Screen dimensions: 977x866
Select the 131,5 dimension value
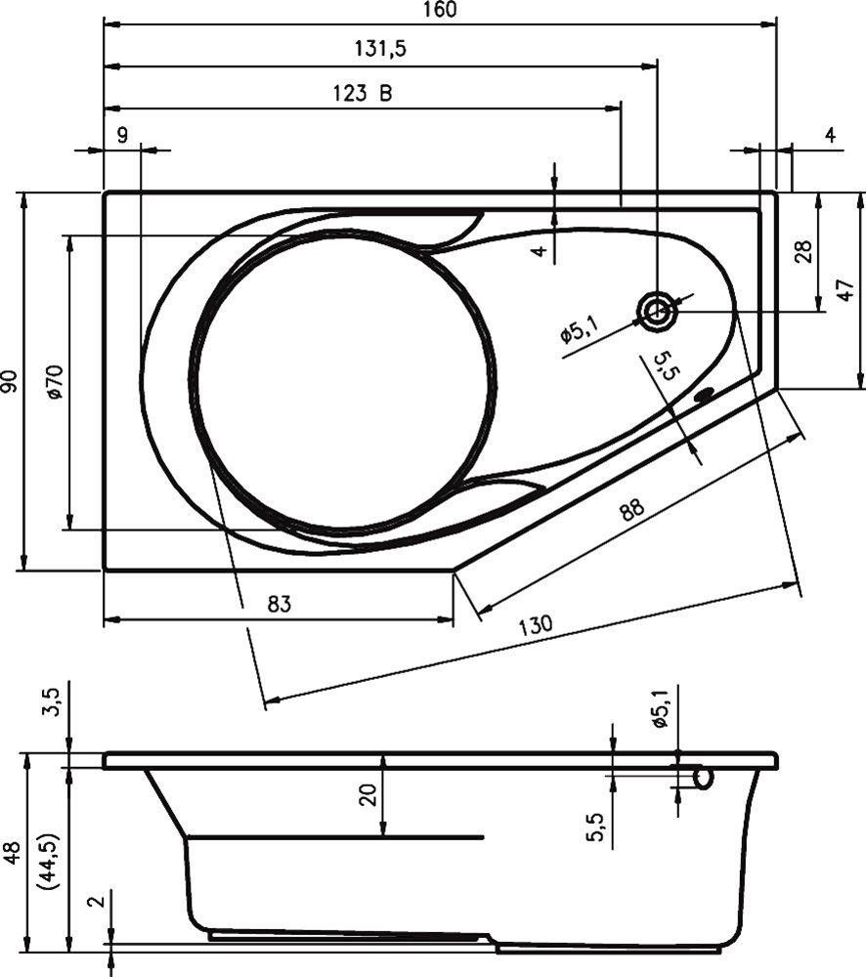[x=377, y=50]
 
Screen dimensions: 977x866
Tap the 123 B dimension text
[x=363, y=94]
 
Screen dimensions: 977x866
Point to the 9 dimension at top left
[x=121, y=136]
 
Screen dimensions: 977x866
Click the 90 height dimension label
[x=10, y=381]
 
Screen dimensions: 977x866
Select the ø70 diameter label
[x=55, y=381]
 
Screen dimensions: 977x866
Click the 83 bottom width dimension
[x=280, y=604]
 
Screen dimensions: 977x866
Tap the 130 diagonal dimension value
[x=536, y=624]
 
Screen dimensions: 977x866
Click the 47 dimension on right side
[x=847, y=290]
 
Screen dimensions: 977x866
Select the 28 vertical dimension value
[x=803, y=252]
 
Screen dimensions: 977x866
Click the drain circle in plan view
[x=656, y=312]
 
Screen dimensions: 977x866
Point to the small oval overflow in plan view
[x=704, y=397]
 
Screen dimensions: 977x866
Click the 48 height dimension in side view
[x=11, y=852]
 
